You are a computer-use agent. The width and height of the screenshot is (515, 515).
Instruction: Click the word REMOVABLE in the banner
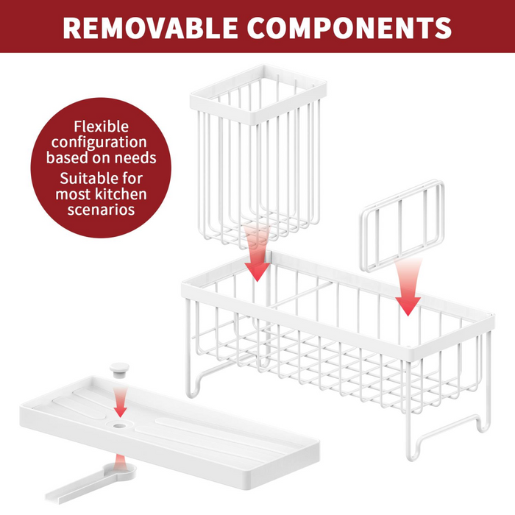coord(150,28)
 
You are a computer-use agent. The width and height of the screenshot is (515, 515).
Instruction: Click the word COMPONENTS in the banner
coord(349,28)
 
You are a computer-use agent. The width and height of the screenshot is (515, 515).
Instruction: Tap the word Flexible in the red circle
coord(102,127)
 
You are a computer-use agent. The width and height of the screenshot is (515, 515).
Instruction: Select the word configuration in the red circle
coord(99,143)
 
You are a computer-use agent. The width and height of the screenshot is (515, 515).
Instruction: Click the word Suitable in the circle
coord(88,178)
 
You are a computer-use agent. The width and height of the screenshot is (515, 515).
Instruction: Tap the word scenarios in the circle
coord(102,210)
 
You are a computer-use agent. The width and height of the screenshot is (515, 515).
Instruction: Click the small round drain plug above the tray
coord(119,370)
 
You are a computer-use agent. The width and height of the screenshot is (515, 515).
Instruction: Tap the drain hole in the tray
coord(119,426)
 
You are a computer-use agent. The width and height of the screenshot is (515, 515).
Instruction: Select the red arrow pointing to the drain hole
coord(120,402)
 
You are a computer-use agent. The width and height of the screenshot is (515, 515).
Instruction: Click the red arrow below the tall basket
coord(257,253)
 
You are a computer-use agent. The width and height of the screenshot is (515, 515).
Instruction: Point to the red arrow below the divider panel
coord(408,286)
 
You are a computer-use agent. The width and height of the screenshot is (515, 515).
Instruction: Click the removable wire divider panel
coord(402,226)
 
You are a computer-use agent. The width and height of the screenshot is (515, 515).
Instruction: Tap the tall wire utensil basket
coord(258,154)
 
